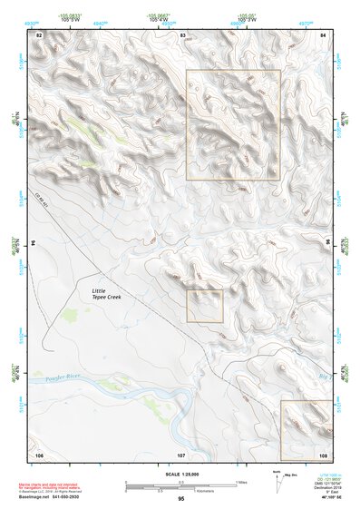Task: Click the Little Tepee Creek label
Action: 106,293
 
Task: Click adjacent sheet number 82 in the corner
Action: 39,34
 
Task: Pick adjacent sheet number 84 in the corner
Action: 323,34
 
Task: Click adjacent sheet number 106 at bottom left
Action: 39,454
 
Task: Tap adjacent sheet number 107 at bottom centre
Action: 181,454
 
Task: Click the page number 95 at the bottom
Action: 181,498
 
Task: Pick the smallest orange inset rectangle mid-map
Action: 205,306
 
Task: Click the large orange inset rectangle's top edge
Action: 233,71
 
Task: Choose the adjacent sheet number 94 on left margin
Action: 37,243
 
